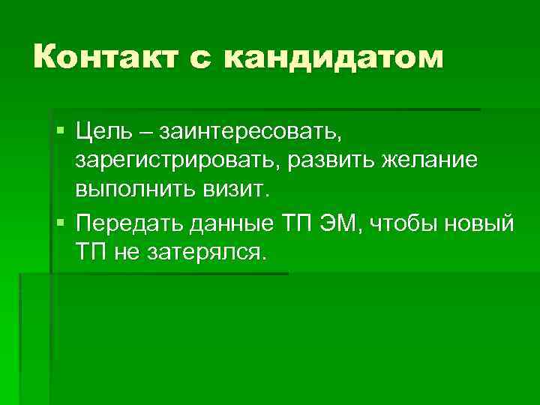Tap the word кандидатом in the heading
point(342,56)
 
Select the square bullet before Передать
point(60,222)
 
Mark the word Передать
point(128,223)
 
